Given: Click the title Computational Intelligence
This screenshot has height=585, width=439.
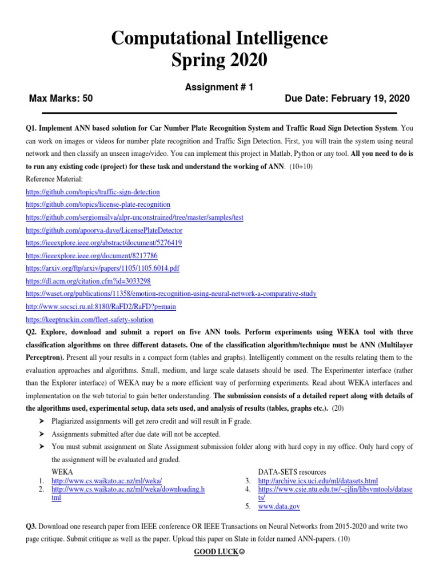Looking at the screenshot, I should point(219,38).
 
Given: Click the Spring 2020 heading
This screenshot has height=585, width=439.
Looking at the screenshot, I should point(219,59).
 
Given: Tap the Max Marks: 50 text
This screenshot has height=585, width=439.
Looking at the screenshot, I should point(61,98).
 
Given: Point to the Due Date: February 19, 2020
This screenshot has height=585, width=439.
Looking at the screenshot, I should point(347,98).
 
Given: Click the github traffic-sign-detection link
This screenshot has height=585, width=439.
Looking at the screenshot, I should point(93,192).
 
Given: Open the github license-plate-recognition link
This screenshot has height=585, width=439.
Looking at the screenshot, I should point(98,205).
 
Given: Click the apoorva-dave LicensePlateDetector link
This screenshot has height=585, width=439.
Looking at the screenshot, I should point(105,230).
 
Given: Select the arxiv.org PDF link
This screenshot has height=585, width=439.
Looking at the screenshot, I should point(103,269).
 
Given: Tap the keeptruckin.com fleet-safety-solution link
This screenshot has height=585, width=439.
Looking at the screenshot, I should point(90,320).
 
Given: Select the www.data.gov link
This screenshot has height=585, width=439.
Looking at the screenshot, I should point(279,506).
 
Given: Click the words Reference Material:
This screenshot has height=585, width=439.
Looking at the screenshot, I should point(55,179).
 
